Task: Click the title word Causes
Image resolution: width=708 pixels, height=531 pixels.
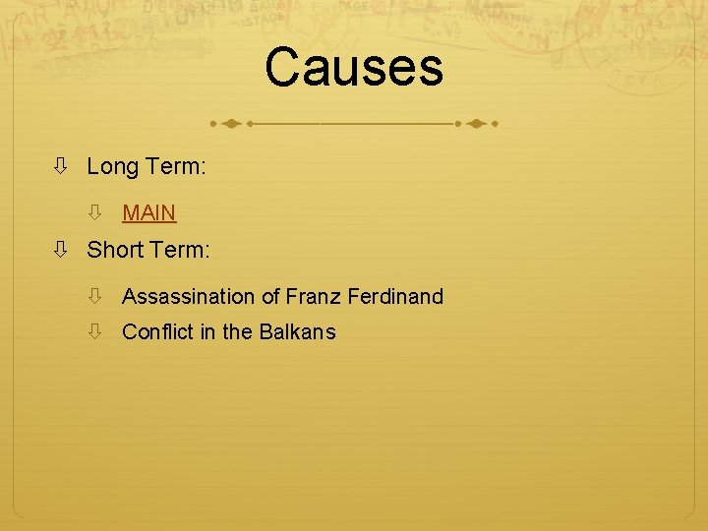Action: [354, 69]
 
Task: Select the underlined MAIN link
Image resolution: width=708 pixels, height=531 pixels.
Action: [148, 212]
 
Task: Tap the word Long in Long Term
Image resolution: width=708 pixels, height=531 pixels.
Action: [112, 168]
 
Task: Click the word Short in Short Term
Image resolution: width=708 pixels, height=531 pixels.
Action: [115, 251]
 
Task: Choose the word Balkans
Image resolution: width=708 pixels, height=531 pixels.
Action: [297, 332]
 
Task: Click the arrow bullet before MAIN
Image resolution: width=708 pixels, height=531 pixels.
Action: [96, 212]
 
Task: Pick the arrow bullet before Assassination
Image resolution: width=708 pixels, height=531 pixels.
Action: [96, 296]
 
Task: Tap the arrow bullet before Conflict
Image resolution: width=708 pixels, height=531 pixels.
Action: [96, 332]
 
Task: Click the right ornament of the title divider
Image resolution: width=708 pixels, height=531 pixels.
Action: [477, 125]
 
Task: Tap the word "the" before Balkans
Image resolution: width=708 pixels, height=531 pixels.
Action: [237, 332]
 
